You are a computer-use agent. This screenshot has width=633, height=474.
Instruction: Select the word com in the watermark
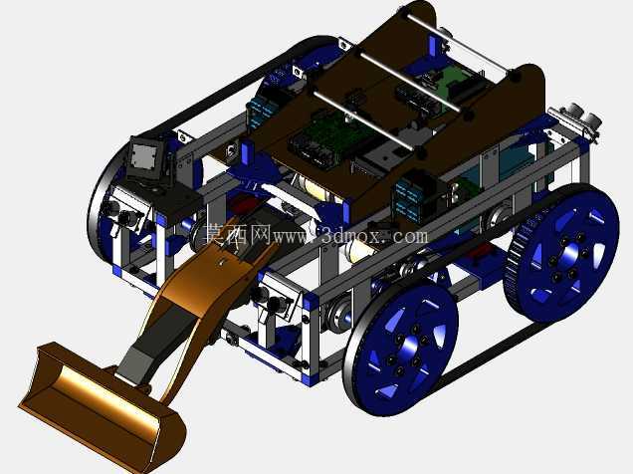(412, 237)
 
